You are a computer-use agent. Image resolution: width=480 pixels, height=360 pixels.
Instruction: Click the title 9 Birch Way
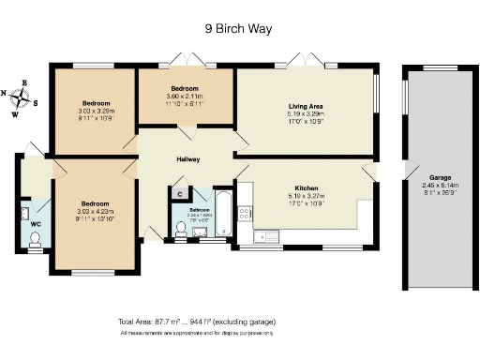coord(238,28)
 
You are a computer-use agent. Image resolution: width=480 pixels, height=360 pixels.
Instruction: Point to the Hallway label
coord(188,158)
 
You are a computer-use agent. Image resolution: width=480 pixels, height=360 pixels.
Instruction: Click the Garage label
coord(442,176)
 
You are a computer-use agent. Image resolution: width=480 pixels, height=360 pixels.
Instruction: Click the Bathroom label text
coord(199,209)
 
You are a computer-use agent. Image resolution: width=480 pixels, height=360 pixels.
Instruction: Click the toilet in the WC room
coord(36,242)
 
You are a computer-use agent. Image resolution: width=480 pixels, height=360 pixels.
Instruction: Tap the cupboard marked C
coord(179,193)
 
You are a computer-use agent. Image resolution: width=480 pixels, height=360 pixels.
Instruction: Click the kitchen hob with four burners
coord(246,214)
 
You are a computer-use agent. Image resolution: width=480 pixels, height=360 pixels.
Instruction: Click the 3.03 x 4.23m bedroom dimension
coord(97,211)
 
